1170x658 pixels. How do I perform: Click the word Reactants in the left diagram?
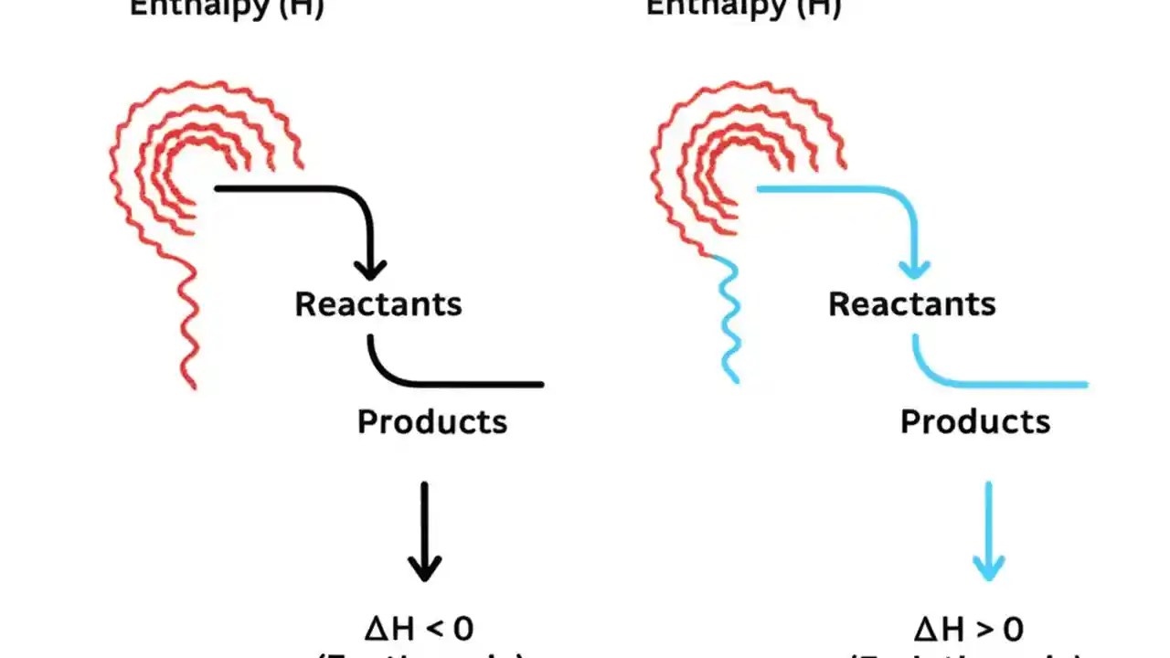tap(378, 304)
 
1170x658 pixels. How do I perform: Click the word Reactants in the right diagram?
tap(911, 304)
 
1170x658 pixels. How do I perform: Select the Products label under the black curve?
tap(431, 421)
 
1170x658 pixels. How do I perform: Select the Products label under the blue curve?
tap(974, 421)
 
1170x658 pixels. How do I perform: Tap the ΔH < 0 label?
tap(420, 629)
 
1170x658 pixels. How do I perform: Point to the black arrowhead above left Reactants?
tap(370, 269)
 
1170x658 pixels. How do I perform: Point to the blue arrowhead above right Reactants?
tap(914, 269)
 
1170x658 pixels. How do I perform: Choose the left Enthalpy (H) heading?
tap(227, 8)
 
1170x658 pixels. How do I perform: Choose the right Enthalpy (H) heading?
tap(743, 8)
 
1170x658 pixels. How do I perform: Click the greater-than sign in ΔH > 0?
tap(973, 630)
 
